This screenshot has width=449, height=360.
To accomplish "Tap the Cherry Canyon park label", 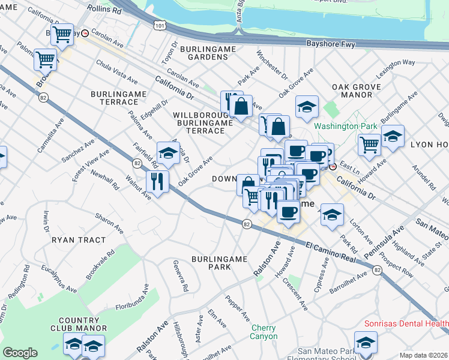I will [x=264, y=332].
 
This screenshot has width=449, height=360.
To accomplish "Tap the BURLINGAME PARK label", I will [x=219, y=263].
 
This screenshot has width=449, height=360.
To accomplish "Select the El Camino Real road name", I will [x=333, y=251].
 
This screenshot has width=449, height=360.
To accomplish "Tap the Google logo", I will [x=20, y=353].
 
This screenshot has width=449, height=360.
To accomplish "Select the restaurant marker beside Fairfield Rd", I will [x=157, y=181].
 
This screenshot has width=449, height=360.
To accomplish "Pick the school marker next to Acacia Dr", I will [x=168, y=153].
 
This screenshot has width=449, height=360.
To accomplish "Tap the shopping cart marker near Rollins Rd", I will [x=62, y=35].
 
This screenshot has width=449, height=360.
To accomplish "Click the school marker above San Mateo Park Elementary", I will [x=366, y=343].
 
